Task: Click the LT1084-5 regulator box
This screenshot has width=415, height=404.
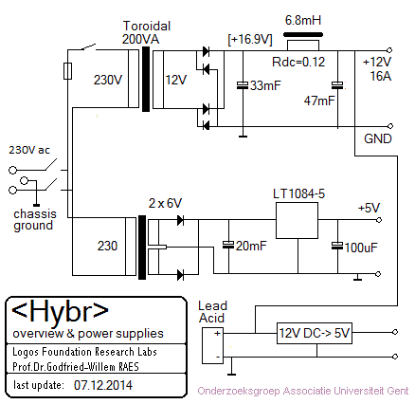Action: click(x=297, y=220)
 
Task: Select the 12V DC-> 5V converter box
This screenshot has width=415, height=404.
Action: click(x=315, y=333)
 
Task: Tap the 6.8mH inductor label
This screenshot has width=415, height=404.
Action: click(x=303, y=20)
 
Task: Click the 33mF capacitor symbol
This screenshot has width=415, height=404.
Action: click(x=243, y=85)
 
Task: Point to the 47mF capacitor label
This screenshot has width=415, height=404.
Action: click(x=319, y=101)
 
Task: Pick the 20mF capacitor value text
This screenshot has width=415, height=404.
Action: click(x=251, y=246)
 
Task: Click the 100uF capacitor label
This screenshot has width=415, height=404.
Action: click(x=361, y=248)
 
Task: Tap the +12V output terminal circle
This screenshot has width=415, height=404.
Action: click(x=389, y=50)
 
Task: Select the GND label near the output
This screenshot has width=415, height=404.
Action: click(x=378, y=138)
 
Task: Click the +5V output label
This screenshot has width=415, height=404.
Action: click(x=369, y=208)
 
